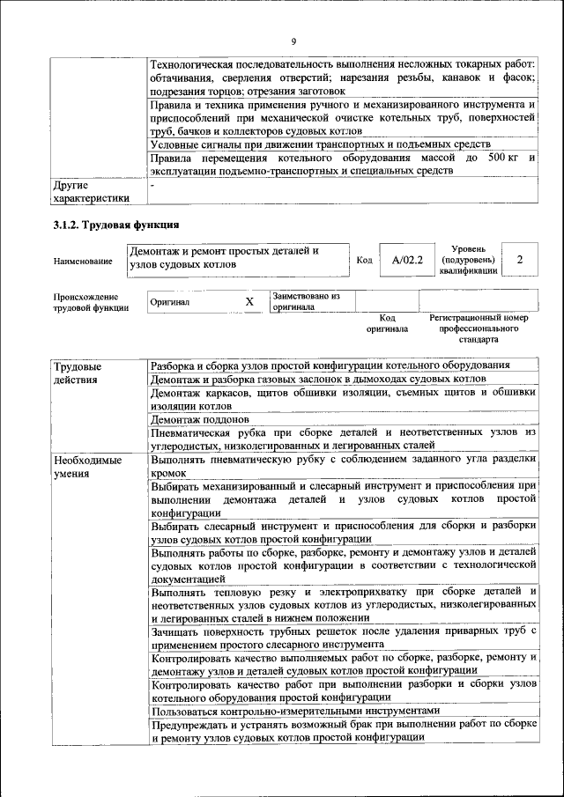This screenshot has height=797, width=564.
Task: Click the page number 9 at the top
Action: point(293,42)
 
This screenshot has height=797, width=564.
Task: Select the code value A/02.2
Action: point(407,260)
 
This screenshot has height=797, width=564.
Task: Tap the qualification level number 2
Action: point(520,260)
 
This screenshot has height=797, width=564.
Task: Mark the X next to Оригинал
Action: point(249,302)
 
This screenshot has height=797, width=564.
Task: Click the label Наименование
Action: point(83,261)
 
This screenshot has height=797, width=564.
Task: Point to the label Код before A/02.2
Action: point(364,260)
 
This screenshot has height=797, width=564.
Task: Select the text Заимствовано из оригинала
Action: point(306,302)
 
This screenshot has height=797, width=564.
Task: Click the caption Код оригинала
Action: point(387,323)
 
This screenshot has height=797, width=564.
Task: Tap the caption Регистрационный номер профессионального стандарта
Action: point(479,328)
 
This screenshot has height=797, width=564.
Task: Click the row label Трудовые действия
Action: point(77,373)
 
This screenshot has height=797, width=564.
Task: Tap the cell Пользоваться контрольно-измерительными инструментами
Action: point(294,711)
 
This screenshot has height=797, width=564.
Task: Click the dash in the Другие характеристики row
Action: point(152,187)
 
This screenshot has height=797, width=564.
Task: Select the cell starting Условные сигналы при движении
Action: point(321,144)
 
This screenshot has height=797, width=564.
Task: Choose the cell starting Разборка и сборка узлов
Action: point(330,365)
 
